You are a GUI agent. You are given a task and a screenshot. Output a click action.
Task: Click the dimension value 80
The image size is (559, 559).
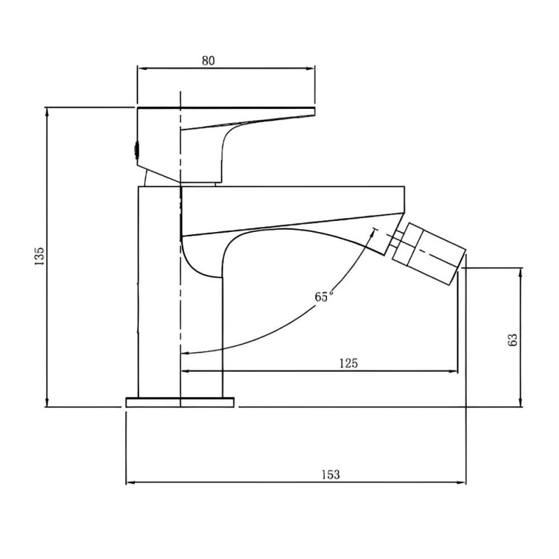[208, 60]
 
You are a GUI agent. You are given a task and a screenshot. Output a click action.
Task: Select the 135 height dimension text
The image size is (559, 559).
[40, 256]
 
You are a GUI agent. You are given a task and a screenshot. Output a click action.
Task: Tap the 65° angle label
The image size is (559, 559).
[324, 296]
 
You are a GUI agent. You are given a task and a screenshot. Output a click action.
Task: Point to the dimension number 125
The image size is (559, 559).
[349, 363]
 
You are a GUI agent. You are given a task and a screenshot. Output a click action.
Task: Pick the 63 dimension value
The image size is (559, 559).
[512, 340]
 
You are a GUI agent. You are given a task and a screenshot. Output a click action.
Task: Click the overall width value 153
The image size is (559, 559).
[331, 474]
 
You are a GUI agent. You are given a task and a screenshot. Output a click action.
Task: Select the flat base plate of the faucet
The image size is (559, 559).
[180, 402]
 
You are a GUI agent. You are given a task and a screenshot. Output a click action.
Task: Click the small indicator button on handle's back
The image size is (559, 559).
[137, 148]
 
